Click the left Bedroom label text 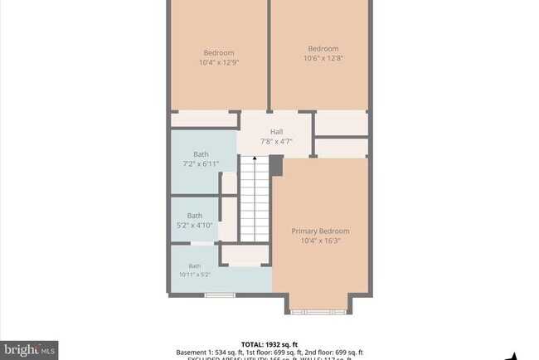[218, 52]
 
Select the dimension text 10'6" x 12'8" [323, 58]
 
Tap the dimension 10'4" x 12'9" [218, 62]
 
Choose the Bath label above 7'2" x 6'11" [201, 154]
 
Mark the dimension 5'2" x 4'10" [194, 225]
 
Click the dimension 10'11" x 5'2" [194, 275]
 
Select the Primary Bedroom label [320, 231]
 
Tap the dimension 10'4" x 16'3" [320, 241]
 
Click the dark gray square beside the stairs [276, 166]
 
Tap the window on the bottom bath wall [220, 294]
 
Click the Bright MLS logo [29, 349]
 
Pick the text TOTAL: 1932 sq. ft [269, 343]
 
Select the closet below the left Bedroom [204, 121]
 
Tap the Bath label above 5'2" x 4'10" [194, 216]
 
